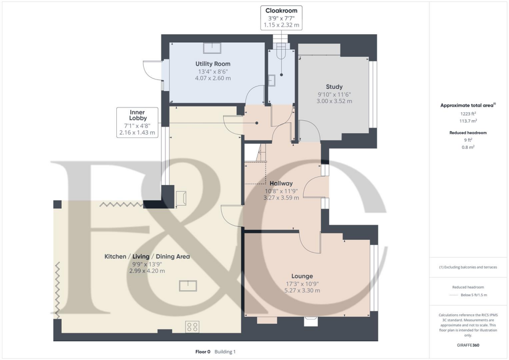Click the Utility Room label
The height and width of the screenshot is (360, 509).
pos(213,64)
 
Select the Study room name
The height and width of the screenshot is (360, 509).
pos(334,87)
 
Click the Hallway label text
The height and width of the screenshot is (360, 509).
pos(281,183)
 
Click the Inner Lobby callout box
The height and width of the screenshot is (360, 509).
pos(137,122)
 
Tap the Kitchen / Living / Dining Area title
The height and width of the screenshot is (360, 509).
pos(147,257)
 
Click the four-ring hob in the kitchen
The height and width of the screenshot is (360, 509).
pos(192,327)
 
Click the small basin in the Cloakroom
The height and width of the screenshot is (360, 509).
pos(272,81)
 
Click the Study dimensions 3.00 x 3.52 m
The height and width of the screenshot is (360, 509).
pos(334,101)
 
